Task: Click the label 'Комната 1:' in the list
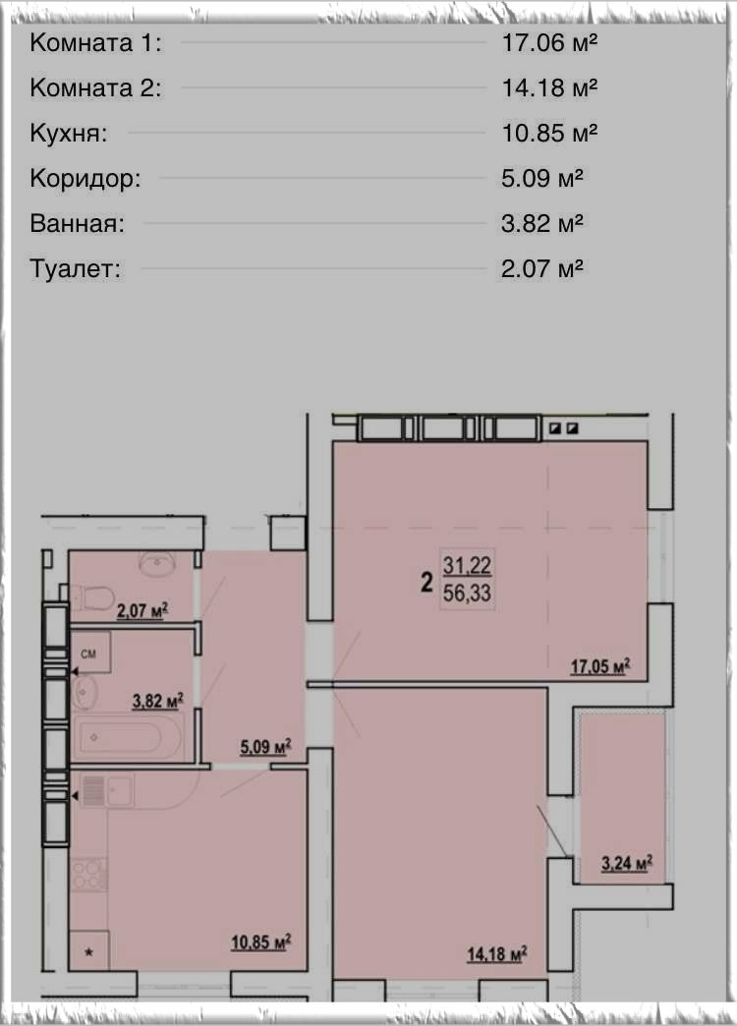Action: pyautogui.click(x=95, y=43)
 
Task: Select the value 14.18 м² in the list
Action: pyautogui.click(x=549, y=87)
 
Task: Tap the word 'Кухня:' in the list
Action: pyautogui.click(x=68, y=134)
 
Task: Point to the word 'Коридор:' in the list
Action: pyautogui.click(x=85, y=178)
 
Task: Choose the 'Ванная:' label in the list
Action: pyautogui.click(x=78, y=224)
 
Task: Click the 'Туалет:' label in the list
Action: pyautogui.click(x=76, y=269)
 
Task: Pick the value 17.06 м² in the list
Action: pyautogui.click(x=549, y=42)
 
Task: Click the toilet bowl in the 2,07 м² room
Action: pyautogui.click(x=92, y=598)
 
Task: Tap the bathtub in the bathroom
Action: pyautogui.click(x=121, y=737)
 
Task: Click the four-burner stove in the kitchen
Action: pyautogui.click(x=89, y=875)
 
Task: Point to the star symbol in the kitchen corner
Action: pyautogui.click(x=89, y=952)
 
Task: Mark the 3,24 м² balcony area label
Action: pyautogui.click(x=626, y=863)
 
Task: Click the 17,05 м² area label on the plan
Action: pyautogui.click(x=600, y=666)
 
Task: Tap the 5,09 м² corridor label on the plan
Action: pyautogui.click(x=265, y=746)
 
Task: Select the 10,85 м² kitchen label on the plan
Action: pyautogui.click(x=260, y=942)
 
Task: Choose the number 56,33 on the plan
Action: pyautogui.click(x=467, y=593)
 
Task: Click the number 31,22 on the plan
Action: pyautogui.click(x=467, y=565)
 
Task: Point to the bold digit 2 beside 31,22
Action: pyautogui.click(x=426, y=581)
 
